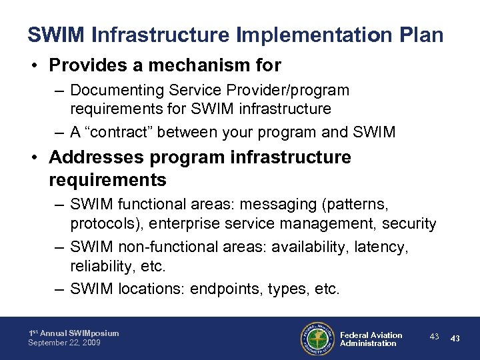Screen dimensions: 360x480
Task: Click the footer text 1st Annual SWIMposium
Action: (x=73, y=333)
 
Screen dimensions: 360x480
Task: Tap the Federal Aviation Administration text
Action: (x=371, y=339)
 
